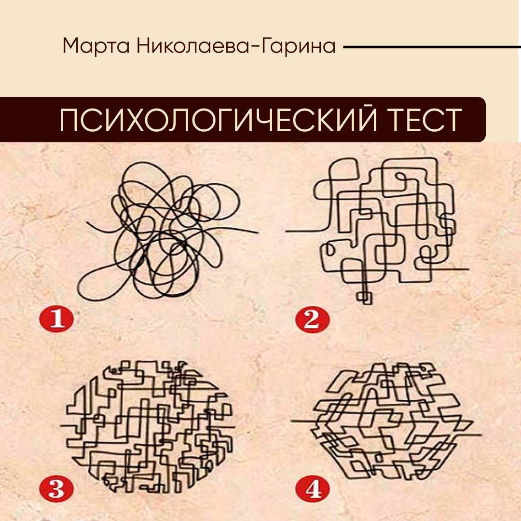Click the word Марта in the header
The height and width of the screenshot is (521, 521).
96,46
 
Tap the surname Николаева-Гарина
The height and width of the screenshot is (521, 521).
235,46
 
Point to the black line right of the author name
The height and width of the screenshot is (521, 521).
432,47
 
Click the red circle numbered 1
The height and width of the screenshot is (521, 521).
56,319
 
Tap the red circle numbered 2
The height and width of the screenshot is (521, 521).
312,320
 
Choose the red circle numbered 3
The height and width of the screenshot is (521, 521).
56,488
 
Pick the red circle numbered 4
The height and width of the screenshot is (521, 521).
312,488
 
